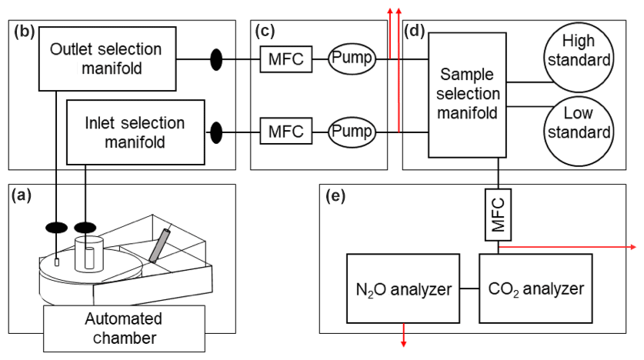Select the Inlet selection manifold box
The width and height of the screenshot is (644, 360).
coord(135,132)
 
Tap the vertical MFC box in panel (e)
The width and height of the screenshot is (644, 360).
coord(499,216)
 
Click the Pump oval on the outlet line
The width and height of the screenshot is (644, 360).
coord(352,58)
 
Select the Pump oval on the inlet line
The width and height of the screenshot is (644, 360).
coord(352,132)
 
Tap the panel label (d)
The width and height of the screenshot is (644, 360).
coord(414,32)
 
